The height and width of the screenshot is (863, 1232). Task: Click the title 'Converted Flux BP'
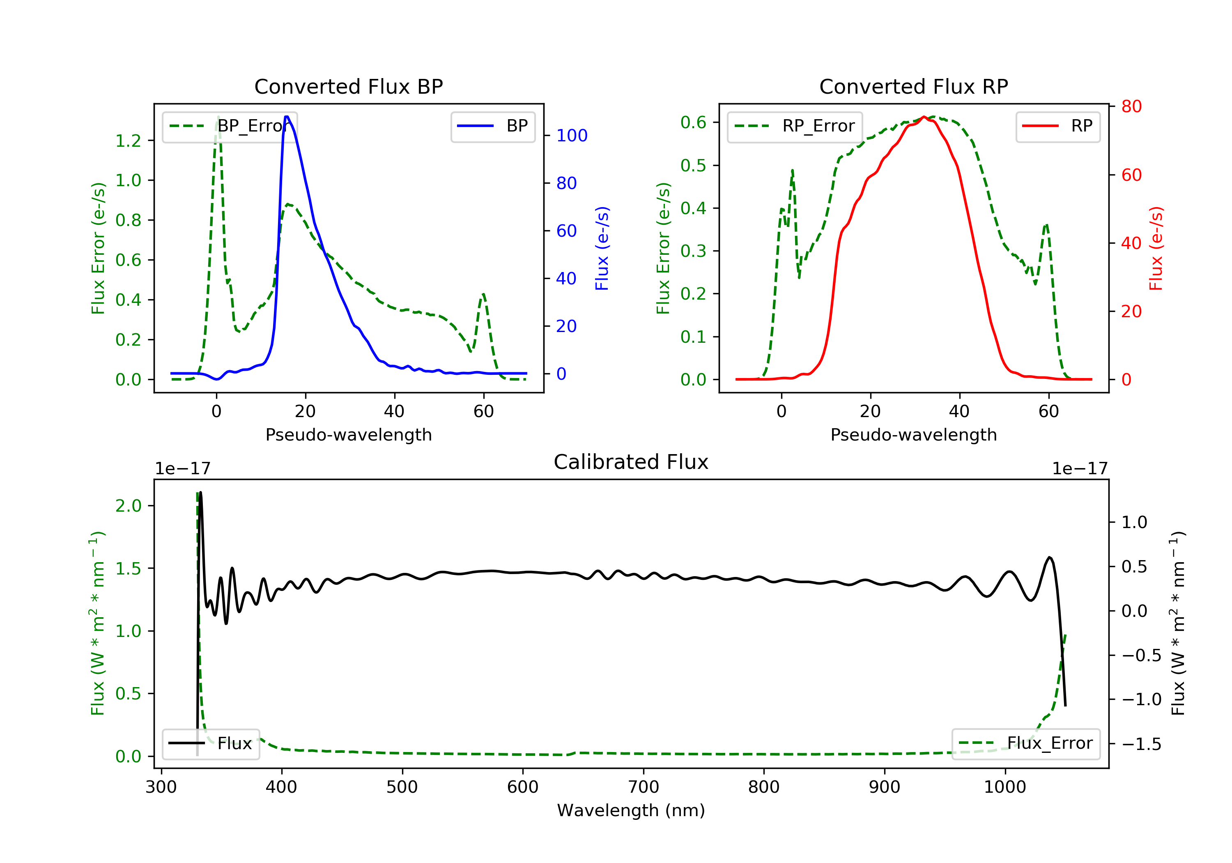[x=348, y=86]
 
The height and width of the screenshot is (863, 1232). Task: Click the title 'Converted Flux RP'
[x=913, y=86]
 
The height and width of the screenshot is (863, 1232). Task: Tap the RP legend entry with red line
[x=1057, y=126]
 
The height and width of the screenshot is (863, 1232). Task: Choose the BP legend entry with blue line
[x=492, y=126]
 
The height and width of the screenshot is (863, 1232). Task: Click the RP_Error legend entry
[x=794, y=126]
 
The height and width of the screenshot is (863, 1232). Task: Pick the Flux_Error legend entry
[x=1025, y=743]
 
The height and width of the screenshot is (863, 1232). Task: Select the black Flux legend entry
[x=210, y=743]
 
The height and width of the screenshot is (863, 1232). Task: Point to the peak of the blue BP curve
[x=287, y=117]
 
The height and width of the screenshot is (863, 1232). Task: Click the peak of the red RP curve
[x=924, y=117]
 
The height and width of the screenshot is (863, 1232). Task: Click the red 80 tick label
[x=1131, y=107]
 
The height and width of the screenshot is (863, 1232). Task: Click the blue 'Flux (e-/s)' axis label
[x=602, y=249]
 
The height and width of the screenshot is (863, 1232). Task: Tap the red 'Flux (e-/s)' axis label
[x=1156, y=249]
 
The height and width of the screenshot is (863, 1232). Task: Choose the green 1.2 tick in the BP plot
[x=128, y=141]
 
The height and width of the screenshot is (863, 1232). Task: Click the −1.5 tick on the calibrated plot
[x=1141, y=744]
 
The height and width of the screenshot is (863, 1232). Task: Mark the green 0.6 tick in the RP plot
[x=693, y=122]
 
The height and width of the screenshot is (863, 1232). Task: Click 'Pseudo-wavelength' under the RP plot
[x=913, y=434]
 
